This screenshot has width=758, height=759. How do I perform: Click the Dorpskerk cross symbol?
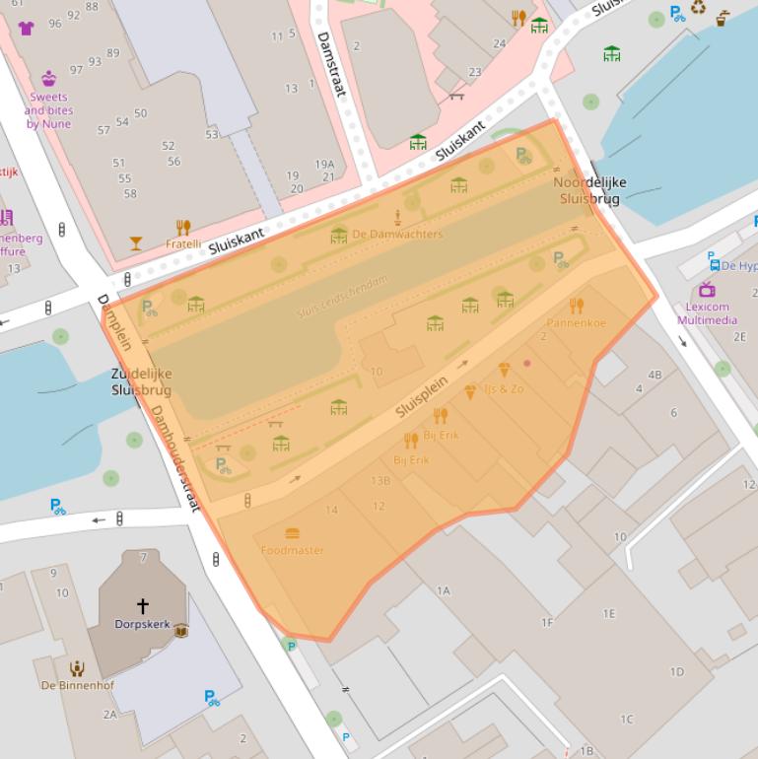pyautogui.click(x=142, y=605)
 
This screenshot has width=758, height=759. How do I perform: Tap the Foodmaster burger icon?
pyautogui.click(x=293, y=534)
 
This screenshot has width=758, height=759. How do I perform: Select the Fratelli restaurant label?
pyautogui.click(x=183, y=243)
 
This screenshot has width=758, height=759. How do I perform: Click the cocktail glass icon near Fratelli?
pyautogui.click(x=136, y=242)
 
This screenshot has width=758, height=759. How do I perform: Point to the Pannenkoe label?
pyautogui.click(x=577, y=322)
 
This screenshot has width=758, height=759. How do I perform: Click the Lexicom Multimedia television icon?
pyautogui.click(x=707, y=289)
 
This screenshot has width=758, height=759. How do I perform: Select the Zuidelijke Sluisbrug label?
pyautogui.click(x=141, y=382)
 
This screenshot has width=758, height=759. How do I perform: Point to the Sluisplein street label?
pyautogui.click(x=423, y=396)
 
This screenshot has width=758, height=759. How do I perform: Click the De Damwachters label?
pyautogui.click(x=397, y=235)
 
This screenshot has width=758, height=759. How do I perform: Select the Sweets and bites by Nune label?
pyautogui.click(x=49, y=111)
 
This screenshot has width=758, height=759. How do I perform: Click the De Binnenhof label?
pyautogui.click(x=77, y=685)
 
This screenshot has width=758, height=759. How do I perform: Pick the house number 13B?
pyautogui.click(x=380, y=481)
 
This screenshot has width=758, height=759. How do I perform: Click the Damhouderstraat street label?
pyautogui.click(x=175, y=458)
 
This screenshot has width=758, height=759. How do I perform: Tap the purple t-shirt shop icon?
pyautogui.click(x=26, y=28)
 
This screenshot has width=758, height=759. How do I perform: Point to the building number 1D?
pyautogui.click(x=676, y=672)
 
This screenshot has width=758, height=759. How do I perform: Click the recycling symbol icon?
pyautogui.click(x=698, y=9)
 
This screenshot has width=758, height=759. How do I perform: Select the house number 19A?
pyautogui.click(x=324, y=165)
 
